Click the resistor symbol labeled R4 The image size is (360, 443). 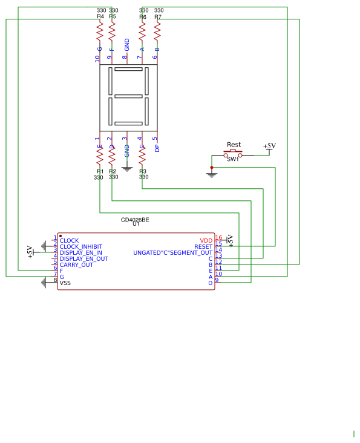click(x=100, y=30)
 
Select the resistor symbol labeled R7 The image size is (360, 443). click(x=157, y=30)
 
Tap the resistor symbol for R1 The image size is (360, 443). click(x=100, y=156)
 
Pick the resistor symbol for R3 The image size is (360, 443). click(x=142, y=156)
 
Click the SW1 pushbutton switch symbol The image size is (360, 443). click(x=233, y=154)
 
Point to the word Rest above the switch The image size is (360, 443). click(x=234, y=145)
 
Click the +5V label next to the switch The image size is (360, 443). click(x=269, y=146)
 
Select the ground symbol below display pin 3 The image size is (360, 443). click(x=127, y=169)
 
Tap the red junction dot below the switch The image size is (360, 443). click(x=212, y=168)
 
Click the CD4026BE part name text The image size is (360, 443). click(x=135, y=220)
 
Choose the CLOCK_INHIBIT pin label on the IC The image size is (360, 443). click(x=81, y=247)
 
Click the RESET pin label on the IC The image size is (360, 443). click(x=203, y=247)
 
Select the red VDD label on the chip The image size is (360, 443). click(x=206, y=241)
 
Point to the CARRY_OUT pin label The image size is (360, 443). click(x=76, y=265)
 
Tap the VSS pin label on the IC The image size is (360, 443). click(x=65, y=283)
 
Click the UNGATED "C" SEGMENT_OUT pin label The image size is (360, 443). click(x=173, y=253)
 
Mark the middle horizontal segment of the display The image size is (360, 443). click(x=128, y=96)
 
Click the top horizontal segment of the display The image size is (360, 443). click(x=128, y=69)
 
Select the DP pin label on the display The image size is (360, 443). click(x=157, y=148)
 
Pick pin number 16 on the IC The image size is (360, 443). click(x=218, y=238)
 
